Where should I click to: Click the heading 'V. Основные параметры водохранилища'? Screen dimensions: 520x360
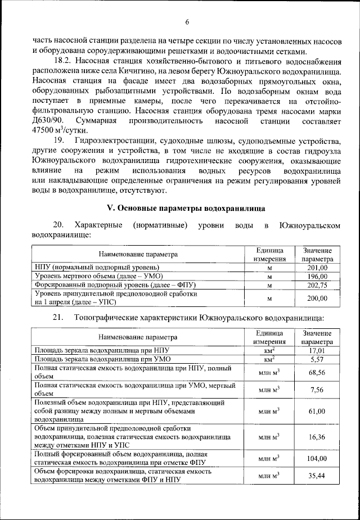click(x=186, y=207)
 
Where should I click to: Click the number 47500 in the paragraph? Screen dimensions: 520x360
click(x=44, y=131)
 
